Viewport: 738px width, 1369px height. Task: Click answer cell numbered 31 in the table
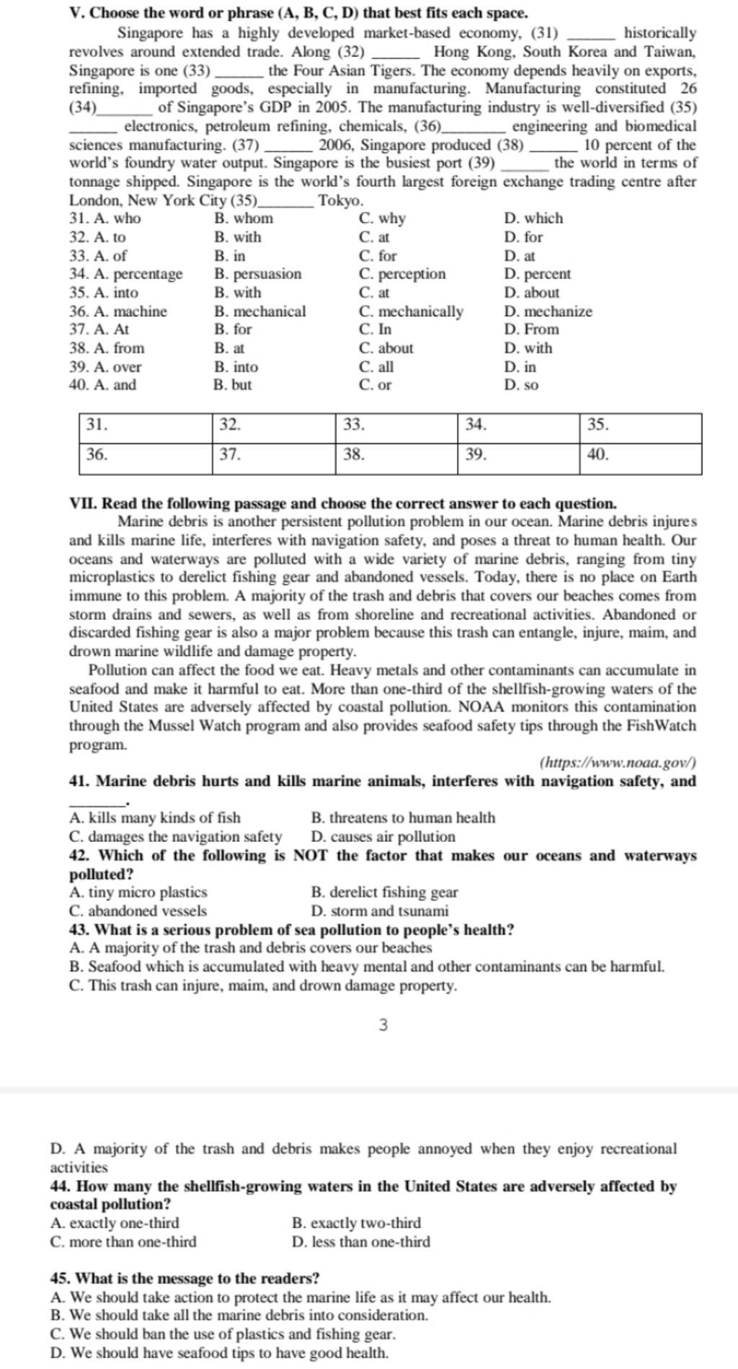pos(146,427)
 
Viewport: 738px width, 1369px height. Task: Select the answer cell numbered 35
pos(640,427)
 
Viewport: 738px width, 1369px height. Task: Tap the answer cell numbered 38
pos(396,458)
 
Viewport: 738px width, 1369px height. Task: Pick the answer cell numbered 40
pos(640,458)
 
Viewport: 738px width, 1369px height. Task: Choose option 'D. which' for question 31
pos(533,218)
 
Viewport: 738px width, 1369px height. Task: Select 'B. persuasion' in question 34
pos(258,274)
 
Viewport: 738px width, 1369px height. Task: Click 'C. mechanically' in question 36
pos(411,311)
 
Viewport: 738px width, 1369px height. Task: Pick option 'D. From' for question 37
pos(531,329)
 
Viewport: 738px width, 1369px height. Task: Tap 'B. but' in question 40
pos(233,385)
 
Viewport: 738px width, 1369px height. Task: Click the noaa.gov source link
pos(617,763)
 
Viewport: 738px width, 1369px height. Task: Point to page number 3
pos(383,1024)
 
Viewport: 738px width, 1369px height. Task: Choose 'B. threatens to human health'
pos(403,818)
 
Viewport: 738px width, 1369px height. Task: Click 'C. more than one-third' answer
pos(123,1241)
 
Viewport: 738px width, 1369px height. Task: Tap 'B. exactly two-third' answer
pos(356,1223)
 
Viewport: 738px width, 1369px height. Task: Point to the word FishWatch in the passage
pos(662,726)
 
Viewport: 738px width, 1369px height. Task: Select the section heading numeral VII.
pos(78,503)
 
